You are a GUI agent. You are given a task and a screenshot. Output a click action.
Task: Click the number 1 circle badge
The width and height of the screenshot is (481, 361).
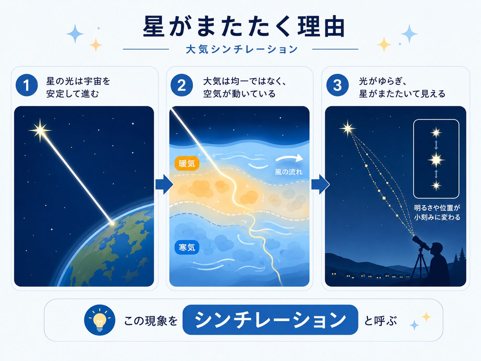coord(27,85)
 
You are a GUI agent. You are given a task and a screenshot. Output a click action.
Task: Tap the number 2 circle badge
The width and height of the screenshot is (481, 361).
coord(182,85)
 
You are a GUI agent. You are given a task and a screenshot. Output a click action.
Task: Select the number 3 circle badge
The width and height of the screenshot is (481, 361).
coord(337,85)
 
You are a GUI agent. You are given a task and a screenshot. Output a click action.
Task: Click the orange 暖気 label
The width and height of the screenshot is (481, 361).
coord(187,164)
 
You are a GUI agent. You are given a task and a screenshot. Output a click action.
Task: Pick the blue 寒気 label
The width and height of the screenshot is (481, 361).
coord(187,247)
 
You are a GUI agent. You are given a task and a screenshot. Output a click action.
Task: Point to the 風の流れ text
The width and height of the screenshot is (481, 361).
coord(289,172)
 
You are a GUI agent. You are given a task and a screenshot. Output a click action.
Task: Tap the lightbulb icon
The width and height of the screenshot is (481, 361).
coord(100,320)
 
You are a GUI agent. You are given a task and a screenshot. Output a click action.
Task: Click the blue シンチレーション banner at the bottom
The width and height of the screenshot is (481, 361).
coord(270,320)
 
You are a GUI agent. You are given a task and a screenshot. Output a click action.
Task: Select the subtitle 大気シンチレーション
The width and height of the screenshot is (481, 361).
coord(241,49)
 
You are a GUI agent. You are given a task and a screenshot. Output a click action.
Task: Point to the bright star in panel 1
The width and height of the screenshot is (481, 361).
coord(40,131)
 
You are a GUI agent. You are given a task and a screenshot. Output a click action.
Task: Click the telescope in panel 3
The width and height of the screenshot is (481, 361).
coord(421,243)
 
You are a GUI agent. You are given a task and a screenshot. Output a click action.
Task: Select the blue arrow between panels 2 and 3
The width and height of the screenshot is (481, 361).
coord(320,184)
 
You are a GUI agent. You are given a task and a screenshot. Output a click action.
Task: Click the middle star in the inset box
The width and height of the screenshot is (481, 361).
coord(436,160)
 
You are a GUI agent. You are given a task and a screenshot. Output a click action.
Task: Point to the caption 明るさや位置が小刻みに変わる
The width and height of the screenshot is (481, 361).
coord(437,212)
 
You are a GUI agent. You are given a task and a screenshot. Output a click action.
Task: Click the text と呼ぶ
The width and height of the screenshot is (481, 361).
coord(380,321)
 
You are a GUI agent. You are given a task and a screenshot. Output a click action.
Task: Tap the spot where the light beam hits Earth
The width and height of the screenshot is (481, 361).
coord(112,223)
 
